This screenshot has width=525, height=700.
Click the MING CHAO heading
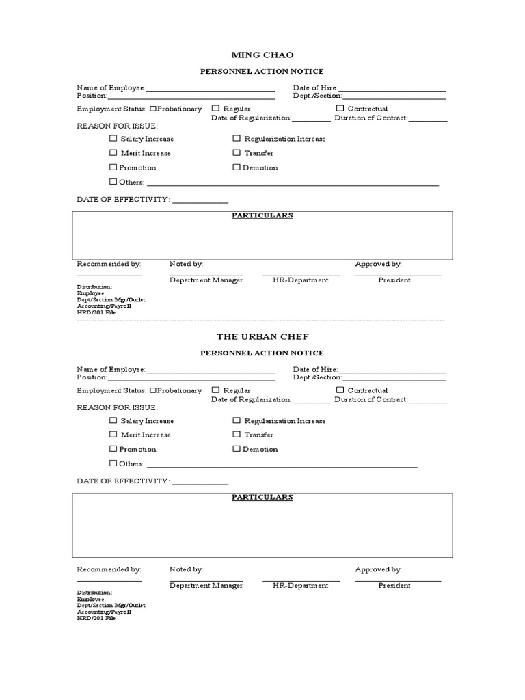click(262, 54)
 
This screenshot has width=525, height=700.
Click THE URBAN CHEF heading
click(262, 336)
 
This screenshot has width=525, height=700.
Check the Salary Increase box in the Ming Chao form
click(113, 138)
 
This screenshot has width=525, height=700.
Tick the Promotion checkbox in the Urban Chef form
click(113, 449)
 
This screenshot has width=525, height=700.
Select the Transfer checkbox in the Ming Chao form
click(237, 153)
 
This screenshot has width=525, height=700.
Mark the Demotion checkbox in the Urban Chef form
click(237, 449)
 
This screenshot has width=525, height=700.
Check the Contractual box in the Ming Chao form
click(340, 108)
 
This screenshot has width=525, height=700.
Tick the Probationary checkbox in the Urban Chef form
click(154, 390)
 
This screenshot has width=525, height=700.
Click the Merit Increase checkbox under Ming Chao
click(113, 153)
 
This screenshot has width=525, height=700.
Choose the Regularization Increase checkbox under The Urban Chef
click(237, 420)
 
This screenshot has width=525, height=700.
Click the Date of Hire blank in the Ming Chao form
click(392, 89)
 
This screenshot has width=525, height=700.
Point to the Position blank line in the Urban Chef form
click(191, 378)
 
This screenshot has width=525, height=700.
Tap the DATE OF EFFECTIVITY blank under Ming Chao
click(200, 200)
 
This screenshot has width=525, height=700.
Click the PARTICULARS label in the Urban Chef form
click(262, 497)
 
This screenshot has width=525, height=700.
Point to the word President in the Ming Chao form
click(394, 280)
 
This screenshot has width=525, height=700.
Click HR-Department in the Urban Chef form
click(300, 585)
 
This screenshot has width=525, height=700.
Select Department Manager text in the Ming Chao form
click(206, 280)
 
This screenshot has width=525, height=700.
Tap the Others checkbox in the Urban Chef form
click(113, 463)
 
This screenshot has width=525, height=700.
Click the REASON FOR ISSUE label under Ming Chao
click(117, 126)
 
